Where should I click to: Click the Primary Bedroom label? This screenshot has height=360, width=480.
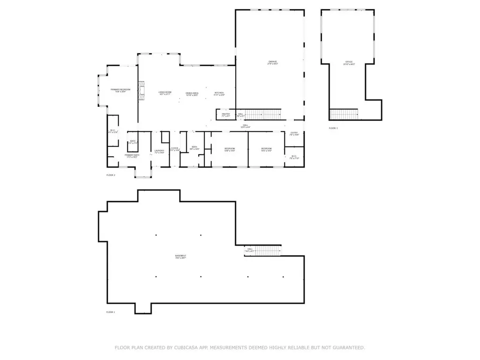pyautogui.click(x=120, y=90)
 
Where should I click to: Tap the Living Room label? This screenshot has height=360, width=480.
pyautogui.click(x=165, y=93)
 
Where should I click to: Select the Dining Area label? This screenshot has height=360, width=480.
pyautogui.click(x=192, y=93)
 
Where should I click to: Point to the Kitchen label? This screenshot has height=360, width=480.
pyautogui.click(x=219, y=93)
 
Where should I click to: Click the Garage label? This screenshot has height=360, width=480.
pyautogui.click(x=273, y=62)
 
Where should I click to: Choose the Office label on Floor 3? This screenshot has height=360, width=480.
pyautogui.click(x=348, y=62)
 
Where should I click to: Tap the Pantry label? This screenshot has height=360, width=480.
pyautogui.click(x=225, y=114)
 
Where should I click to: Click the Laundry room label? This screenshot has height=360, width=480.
pyautogui.click(x=159, y=151)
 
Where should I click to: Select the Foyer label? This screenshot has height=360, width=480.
pyautogui.click(x=175, y=149)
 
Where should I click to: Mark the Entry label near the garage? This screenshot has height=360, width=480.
pyautogui.click(x=294, y=134)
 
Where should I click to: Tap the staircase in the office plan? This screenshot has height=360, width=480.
pyautogui.click(x=344, y=114)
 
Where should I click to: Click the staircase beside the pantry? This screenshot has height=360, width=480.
pyautogui.click(x=263, y=114)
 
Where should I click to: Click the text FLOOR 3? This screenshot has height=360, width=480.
pyautogui.click(x=333, y=128)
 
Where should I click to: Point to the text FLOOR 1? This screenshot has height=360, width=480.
pyautogui.click(x=111, y=312)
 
